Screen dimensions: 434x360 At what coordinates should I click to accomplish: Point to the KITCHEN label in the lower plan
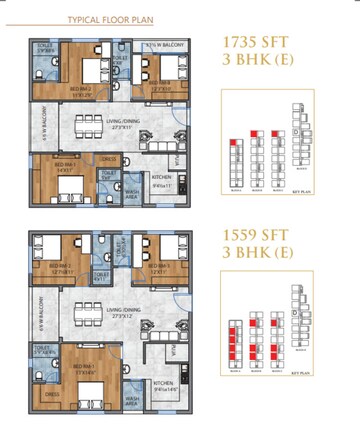pos(164,383)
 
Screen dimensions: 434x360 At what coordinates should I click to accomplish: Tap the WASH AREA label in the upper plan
pos(132,189)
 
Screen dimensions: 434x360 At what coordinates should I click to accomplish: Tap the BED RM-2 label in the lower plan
pos(64,266)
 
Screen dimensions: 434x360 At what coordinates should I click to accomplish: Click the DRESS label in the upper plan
pos(109,158)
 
